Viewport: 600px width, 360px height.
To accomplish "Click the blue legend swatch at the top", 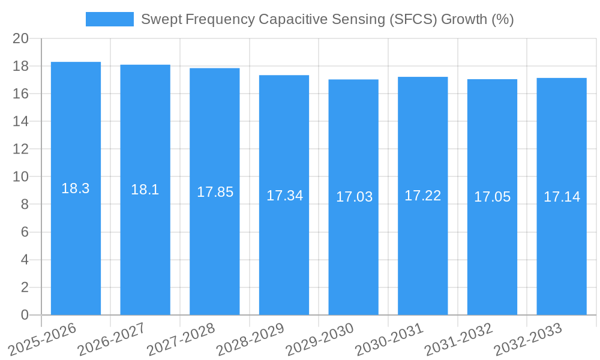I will click(x=109, y=19).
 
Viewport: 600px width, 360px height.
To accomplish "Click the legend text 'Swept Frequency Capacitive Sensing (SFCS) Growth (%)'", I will click(x=327, y=19).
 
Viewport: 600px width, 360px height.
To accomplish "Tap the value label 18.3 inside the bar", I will click(x=76, y=188).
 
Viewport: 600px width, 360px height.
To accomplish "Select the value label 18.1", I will click(x=145, y=190).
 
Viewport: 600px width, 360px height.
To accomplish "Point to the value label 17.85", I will click(x=215, y=192).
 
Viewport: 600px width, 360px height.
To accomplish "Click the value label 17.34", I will click(x=284, y=196).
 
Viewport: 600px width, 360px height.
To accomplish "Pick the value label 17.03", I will click(x=354, y=197).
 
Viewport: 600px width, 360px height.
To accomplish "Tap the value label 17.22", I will click(x=422, y=196).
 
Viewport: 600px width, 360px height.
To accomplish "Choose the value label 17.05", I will click(x=492, y=197).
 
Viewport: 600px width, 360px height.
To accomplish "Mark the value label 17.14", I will click(x=562, y=197).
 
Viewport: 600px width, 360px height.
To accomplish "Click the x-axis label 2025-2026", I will click(x=44, y=338).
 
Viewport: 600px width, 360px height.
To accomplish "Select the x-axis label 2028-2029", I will click(x=251, y=338).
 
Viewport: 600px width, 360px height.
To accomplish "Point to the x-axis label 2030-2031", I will click(x=390, y=338).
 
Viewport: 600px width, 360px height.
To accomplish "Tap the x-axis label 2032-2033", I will click(x=528, y=338).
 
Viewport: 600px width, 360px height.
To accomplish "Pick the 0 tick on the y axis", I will click(x=25, y=315).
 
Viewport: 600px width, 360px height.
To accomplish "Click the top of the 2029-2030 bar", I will click(x=353, y=80).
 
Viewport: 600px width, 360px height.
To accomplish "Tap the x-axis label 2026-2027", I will click(x=113, y=338).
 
